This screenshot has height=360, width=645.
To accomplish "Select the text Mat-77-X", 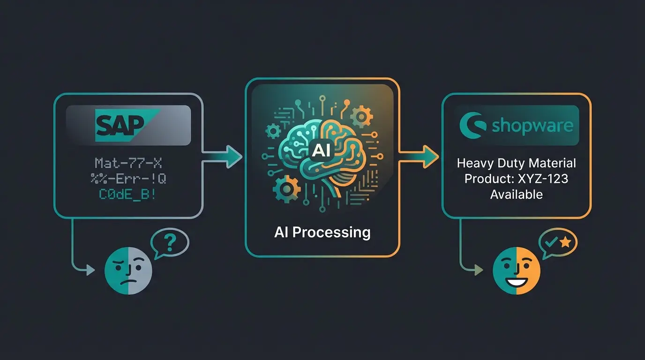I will pos(128,163).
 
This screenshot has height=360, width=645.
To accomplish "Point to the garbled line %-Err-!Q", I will pos(128,179).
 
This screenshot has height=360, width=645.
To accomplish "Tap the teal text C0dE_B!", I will pos(128,194).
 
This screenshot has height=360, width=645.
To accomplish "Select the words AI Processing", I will pos(322,232).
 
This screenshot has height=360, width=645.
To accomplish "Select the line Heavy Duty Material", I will pos(516,164).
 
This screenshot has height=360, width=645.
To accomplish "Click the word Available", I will pos(516,194).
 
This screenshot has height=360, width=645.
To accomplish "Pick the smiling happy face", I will pos(517,271).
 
